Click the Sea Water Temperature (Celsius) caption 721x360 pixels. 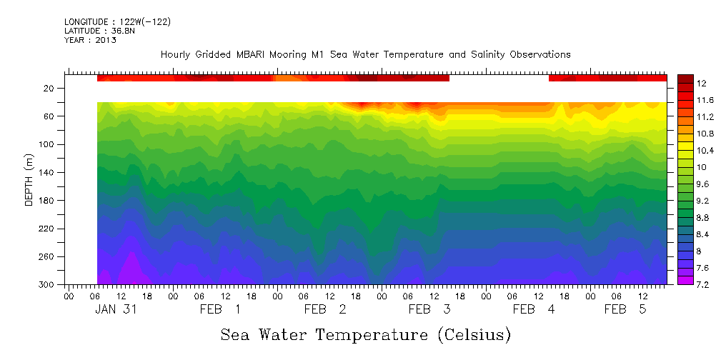366,335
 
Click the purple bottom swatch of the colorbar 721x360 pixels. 685,280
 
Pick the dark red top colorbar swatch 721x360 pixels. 685,78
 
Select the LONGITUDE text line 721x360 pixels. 117,22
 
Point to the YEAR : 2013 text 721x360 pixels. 90,40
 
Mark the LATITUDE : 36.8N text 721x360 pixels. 99,31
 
